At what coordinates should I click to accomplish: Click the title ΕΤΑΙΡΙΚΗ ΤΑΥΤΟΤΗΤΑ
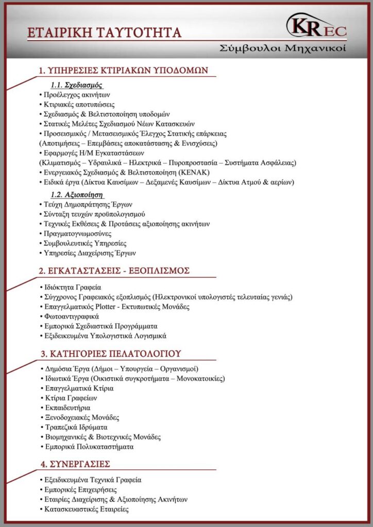pos(105,33)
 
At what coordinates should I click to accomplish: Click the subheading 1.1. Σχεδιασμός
pos(76,84)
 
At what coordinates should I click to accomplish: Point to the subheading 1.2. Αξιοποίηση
pos(77,195)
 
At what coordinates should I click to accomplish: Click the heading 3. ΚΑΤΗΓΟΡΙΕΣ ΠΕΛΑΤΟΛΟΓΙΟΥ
pos(110,354)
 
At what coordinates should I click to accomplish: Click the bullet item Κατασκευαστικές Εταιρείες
pos(86,509)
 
